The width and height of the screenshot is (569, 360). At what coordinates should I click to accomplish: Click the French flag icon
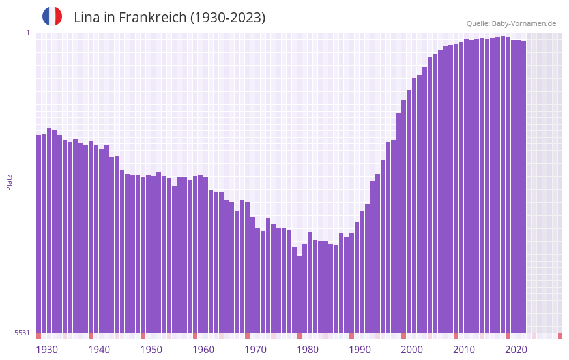52,16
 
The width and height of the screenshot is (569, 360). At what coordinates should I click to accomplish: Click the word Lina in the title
87,18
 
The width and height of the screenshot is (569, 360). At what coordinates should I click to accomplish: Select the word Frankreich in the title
149,18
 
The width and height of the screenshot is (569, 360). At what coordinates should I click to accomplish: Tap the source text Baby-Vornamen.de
523,23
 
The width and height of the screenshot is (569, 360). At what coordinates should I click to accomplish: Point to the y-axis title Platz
9,182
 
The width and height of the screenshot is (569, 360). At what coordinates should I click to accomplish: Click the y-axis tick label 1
27,33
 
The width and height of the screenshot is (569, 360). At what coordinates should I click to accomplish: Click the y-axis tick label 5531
22,333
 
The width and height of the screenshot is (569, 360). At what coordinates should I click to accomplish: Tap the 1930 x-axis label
47,350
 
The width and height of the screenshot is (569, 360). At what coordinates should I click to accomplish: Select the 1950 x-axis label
151,350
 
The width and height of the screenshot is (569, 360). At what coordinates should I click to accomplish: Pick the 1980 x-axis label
308,350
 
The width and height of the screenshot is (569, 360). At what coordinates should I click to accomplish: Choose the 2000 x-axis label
412,350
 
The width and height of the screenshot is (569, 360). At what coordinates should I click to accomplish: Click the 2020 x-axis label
516,350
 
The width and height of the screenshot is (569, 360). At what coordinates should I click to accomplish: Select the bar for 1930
38,235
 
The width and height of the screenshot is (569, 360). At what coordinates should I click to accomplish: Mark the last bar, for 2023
523,189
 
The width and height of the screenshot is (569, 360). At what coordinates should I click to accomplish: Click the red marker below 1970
247,336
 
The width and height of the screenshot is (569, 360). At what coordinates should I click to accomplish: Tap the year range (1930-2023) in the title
227,18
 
